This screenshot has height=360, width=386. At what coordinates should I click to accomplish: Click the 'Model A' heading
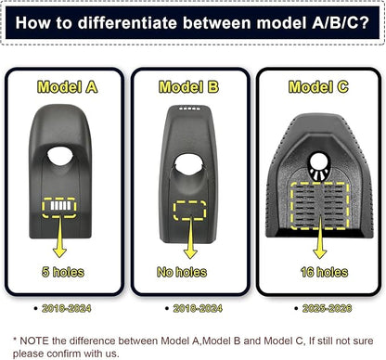pyautogui.click(x=68, y=87)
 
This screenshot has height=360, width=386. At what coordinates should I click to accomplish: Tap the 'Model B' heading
pyautogui.click(x=188, y=87)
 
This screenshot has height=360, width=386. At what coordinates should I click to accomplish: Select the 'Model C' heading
pyautogui.click(x=318, y=87)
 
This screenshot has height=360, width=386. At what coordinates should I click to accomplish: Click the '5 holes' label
pyautogui.click(x=63, y=272)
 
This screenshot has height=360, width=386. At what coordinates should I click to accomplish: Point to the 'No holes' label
pyautogui.click(x=182, y=272)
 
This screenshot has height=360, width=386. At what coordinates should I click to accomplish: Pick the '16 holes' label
pyautogui.click(x=324, y=272)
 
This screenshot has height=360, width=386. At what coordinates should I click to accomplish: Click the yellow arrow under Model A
pyautogui.click(x=59, y=237)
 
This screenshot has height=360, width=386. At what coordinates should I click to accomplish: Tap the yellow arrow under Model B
pyautogui.click(x=190, y=238)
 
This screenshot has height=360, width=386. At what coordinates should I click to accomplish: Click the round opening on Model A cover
pyautogui.click(x=60, y=156)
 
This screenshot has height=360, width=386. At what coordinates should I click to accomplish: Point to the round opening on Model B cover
pyautogui.click(x=188, y=163)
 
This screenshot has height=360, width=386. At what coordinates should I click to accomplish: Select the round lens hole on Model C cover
pyautogui.click(x=318, y=161)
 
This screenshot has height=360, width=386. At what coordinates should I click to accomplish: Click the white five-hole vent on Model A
pyautogui.click(x=59, y=206)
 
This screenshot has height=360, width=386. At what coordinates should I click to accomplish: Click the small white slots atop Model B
pyautogui.click(x=190, y=109)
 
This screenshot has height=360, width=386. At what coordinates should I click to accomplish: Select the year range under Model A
pyautogui.click(x=67, y=308)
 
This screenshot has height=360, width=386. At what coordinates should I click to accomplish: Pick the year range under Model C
pyautogui.click(x=328, y=308)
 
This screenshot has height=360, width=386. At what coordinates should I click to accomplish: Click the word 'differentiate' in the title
pyautogui.click(x=127, y=22)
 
